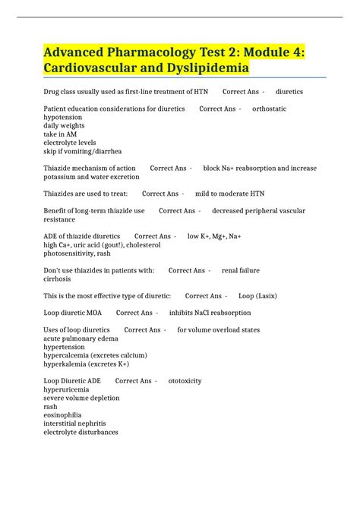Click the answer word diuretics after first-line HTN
pos(289,91)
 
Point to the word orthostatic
pos(269,109)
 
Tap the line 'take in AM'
pos(60,134)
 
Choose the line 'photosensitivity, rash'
pos(78,253)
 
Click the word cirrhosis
pos(58,279)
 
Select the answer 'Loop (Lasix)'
pos(255,295)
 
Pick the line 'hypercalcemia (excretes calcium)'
pos(95,355)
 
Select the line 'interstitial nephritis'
pos(75,423)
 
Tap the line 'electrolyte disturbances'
pos(81,432)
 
